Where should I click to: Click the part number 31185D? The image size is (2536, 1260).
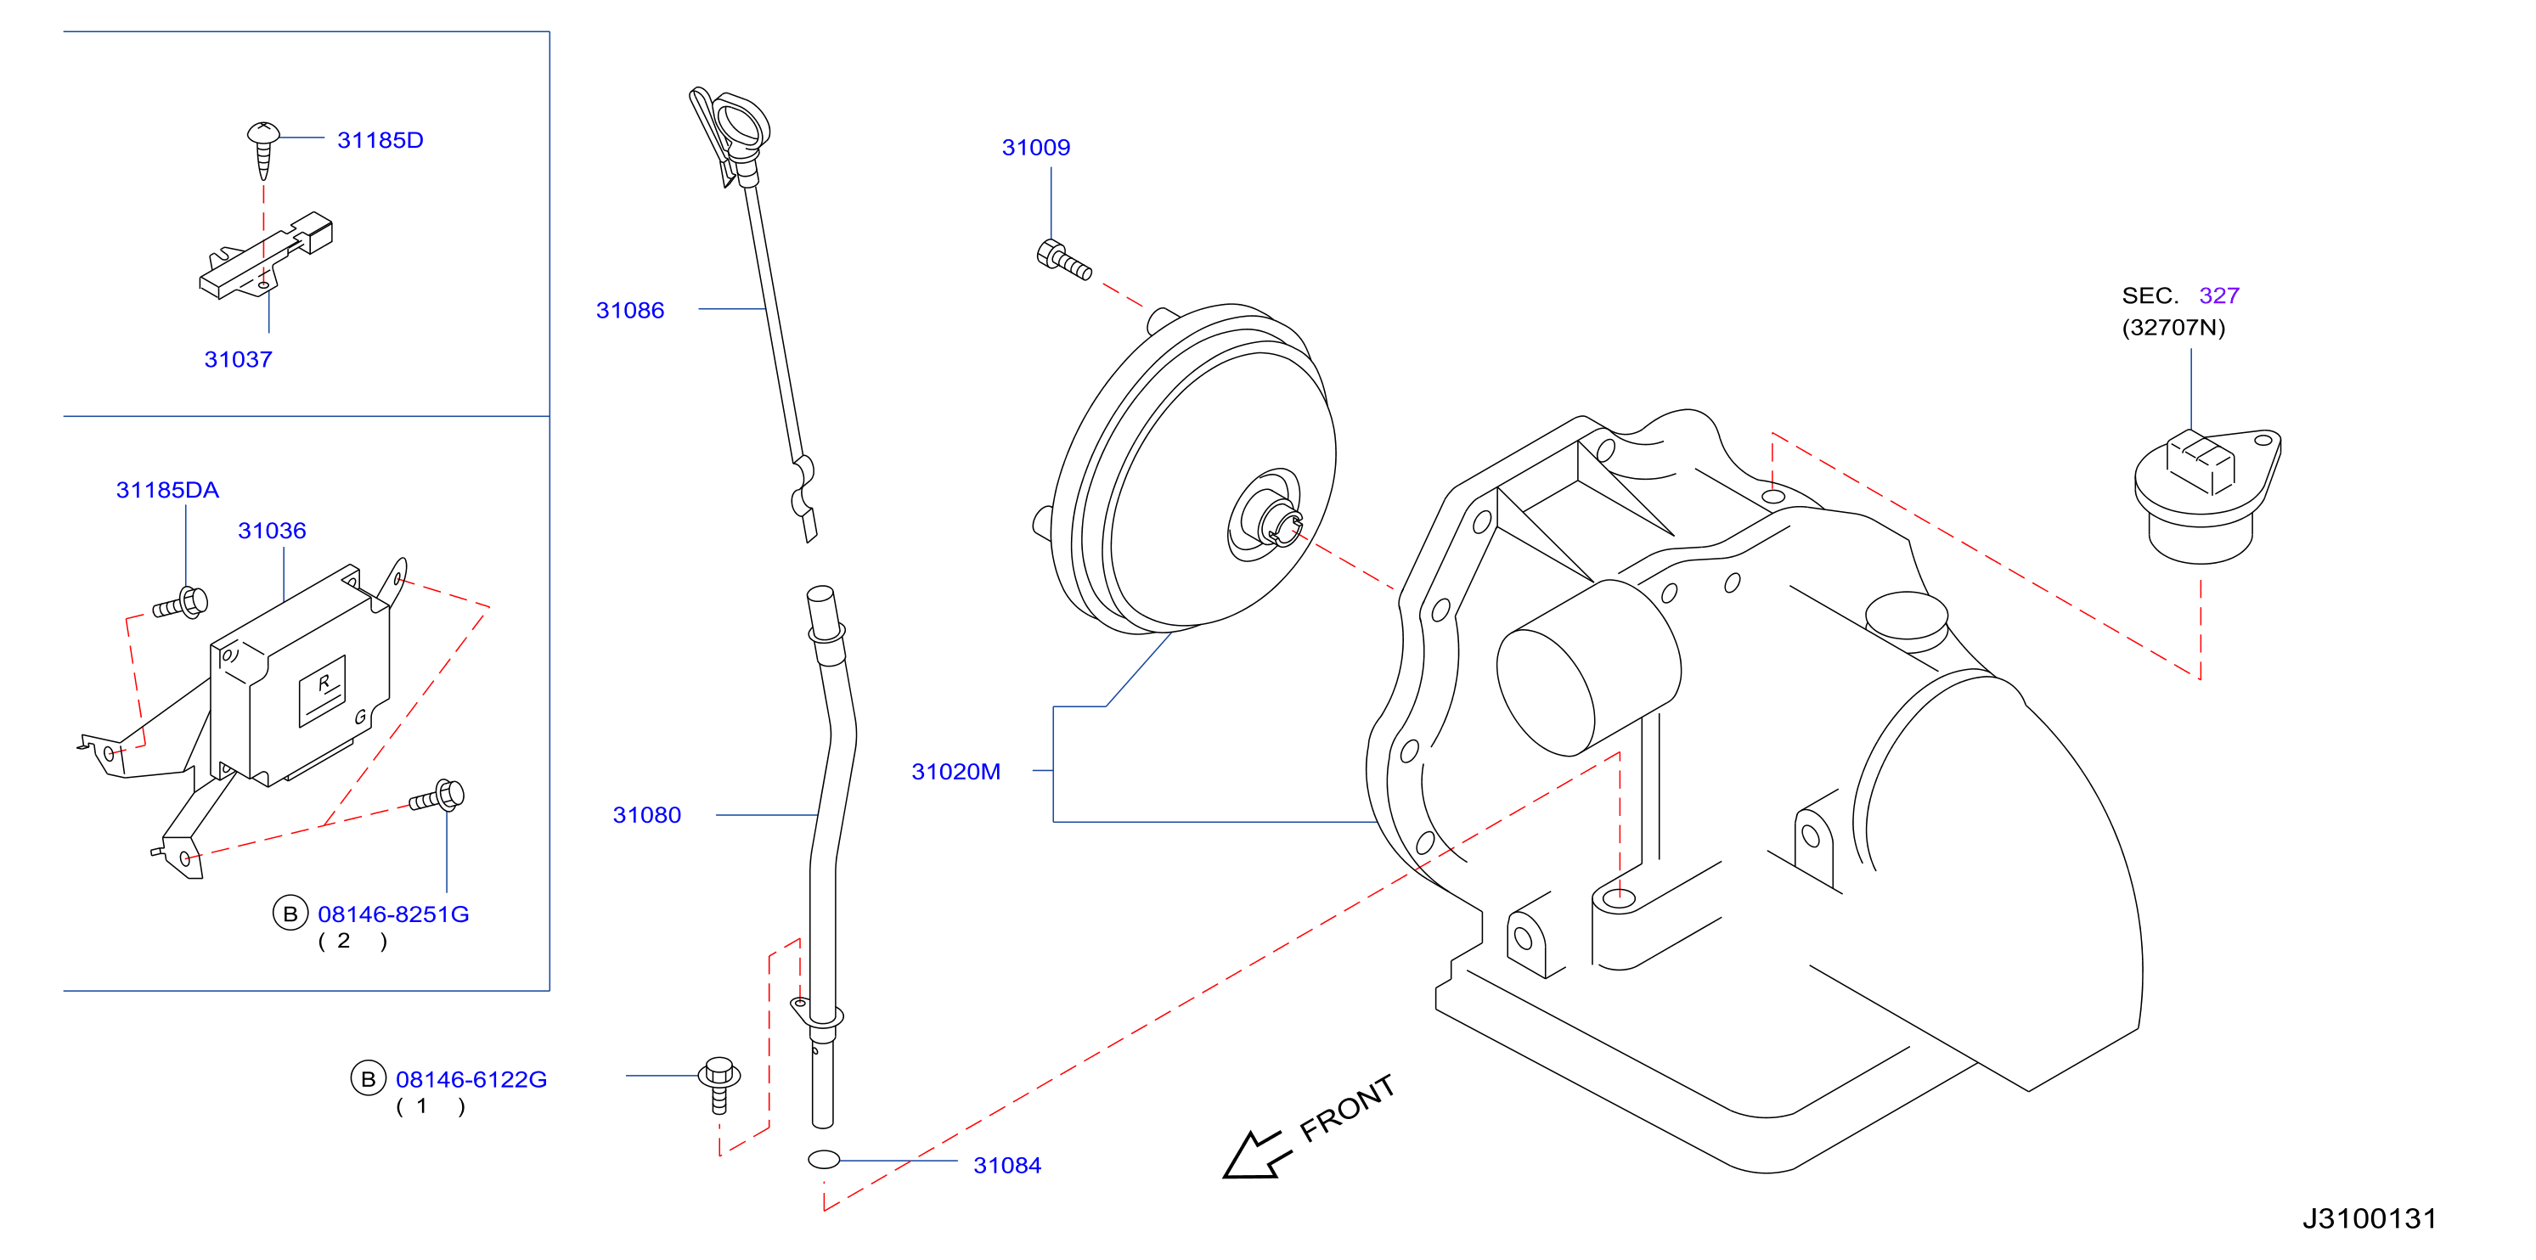click(380, 140)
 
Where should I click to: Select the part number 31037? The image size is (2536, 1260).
click(239, 359)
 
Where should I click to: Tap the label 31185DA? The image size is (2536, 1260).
click(167, 490)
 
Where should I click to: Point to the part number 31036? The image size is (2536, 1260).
click(272, 531)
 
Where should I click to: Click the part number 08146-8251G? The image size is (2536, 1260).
click(393, 914)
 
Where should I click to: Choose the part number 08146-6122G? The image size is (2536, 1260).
click(471, 1080)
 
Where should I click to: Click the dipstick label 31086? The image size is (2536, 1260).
click(630, 310)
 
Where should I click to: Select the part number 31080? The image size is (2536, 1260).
click(647, 815)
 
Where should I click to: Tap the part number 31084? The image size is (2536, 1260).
click(1007, 1166)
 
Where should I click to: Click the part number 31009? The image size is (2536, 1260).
click(1035, 148)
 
